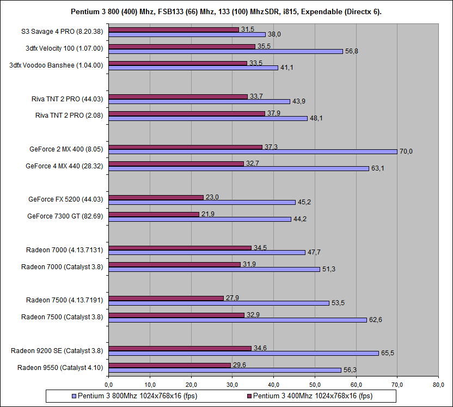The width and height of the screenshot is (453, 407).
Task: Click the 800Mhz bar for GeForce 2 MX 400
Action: point(253,151)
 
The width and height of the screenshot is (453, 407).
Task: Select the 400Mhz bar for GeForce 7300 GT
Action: point(154,215)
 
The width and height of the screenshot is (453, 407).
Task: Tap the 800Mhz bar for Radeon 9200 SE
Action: point(243,353)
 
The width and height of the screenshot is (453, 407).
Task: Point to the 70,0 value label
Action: point(406,151)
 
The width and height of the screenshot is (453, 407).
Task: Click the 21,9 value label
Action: point(208,214)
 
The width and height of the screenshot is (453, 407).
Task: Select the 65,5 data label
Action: point(388,353)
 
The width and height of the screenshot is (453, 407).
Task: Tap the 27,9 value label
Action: point(232,298)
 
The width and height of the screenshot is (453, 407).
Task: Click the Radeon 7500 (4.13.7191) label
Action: point(65,300)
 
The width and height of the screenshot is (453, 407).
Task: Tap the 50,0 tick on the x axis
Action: point(315,384)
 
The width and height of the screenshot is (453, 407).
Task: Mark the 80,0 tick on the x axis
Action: point(438,384)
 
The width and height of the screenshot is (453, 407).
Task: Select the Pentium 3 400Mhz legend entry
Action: point(312,396)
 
